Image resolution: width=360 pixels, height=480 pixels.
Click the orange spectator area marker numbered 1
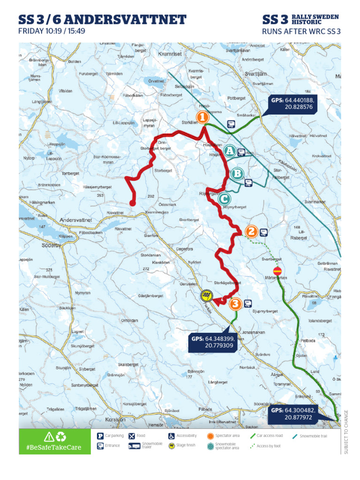pyautogui.click(x=202, y=117)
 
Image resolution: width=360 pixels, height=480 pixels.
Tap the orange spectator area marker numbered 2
pyautogui.click(x=251, y=231)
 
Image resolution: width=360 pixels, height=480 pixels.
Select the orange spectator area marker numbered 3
pyautogui.click(x=235, y=304)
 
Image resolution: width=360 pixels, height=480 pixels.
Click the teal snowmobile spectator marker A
pyautogui.click(x=229, y=151)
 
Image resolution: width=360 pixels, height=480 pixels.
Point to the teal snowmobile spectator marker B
pyautogui.click(x=237, y=174)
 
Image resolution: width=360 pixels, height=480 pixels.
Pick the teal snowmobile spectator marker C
pyautogui.click(x=224, y=199)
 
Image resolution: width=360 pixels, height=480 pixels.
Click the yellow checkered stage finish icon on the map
pyautogui.click(x=206, y=295)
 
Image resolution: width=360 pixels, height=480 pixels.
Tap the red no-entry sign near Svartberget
pyautogui.click(x=277, y=270)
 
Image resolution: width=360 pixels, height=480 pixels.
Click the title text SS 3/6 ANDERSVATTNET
pyautogui.click(x=102, y=20)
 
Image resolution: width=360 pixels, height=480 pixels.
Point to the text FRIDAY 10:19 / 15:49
pyautogui.click(x=52, y=32)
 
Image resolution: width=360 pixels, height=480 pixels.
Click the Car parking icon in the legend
pyautogui.click(x=100, y=436)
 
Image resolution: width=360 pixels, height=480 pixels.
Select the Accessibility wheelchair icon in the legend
pyautogui.click(x=172, y=436)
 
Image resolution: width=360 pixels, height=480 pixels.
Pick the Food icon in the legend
pyautogui.click(x=132, y=436)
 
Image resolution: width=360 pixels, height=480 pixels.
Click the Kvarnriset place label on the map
pyautogui.click(x=170, y=54)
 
